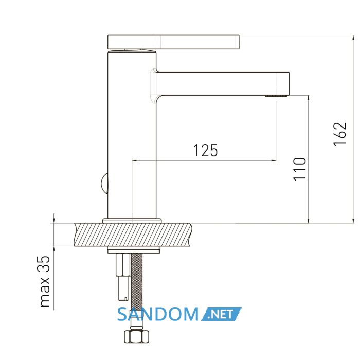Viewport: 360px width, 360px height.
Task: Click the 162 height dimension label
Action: coord(340,134)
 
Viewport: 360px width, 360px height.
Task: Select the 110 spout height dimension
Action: coord(300,169)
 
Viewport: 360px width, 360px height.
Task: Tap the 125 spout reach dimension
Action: coord(206,150)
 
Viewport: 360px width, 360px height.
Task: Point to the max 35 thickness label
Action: coord(44,281)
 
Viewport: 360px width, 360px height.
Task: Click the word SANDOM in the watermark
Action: coord(158,314)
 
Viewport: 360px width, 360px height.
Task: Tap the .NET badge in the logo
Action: coord(221,314)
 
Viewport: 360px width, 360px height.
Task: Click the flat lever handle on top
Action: coord(174,42)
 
